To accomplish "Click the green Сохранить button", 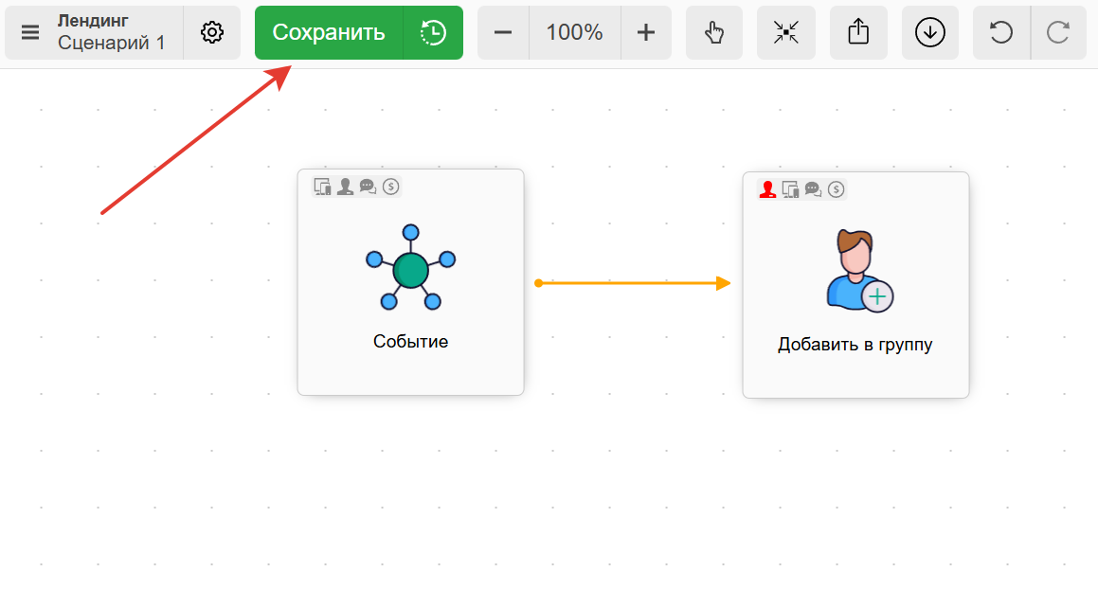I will coord(328,32).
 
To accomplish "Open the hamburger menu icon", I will coord(30,32).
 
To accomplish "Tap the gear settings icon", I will coord(212,32).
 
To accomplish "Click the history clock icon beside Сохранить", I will coord(433,32).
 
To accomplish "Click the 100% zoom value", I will coord(574,32).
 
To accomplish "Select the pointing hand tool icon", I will coord(714,32).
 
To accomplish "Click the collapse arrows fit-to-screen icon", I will coord(786,32).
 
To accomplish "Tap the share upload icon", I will coord(858,32).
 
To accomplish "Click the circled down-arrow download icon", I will coord(930,32).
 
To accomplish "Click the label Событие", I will coord(410,342).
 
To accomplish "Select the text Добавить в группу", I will coord(855,345).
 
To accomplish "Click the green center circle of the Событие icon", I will coord(410,271).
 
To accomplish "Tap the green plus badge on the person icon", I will coord(878,296).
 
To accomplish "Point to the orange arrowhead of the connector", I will coord(724,283).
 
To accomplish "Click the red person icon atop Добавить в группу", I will coord(767,189).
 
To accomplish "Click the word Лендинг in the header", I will coord(93,21).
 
